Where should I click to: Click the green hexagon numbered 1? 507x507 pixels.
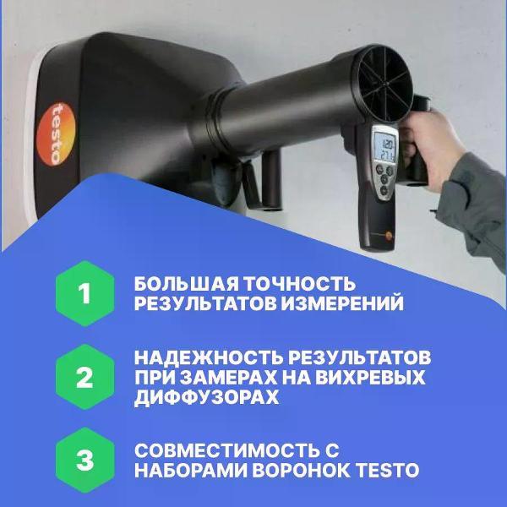tap(84, 294)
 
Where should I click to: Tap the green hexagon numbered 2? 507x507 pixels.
tap(84, 377)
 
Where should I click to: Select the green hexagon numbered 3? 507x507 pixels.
tap(84, 461)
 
